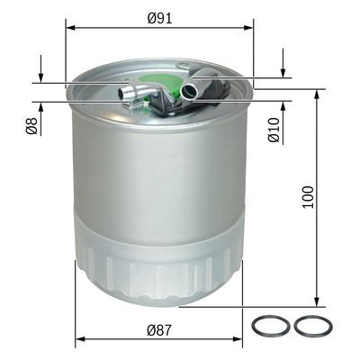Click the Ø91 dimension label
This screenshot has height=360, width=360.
159,15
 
